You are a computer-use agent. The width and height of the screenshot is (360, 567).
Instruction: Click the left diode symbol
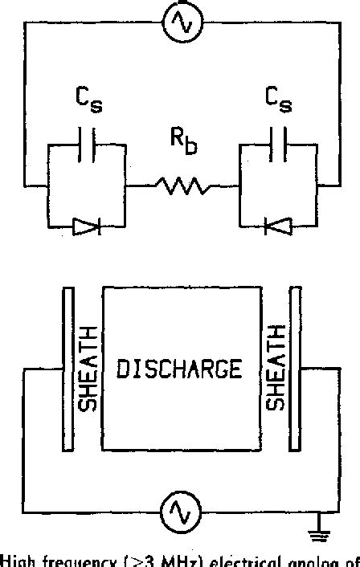tap(86, 227)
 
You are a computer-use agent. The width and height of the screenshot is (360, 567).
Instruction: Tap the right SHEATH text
tap(274, 369)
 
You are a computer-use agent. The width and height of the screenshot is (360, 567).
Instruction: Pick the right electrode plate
tap(297, 369)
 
